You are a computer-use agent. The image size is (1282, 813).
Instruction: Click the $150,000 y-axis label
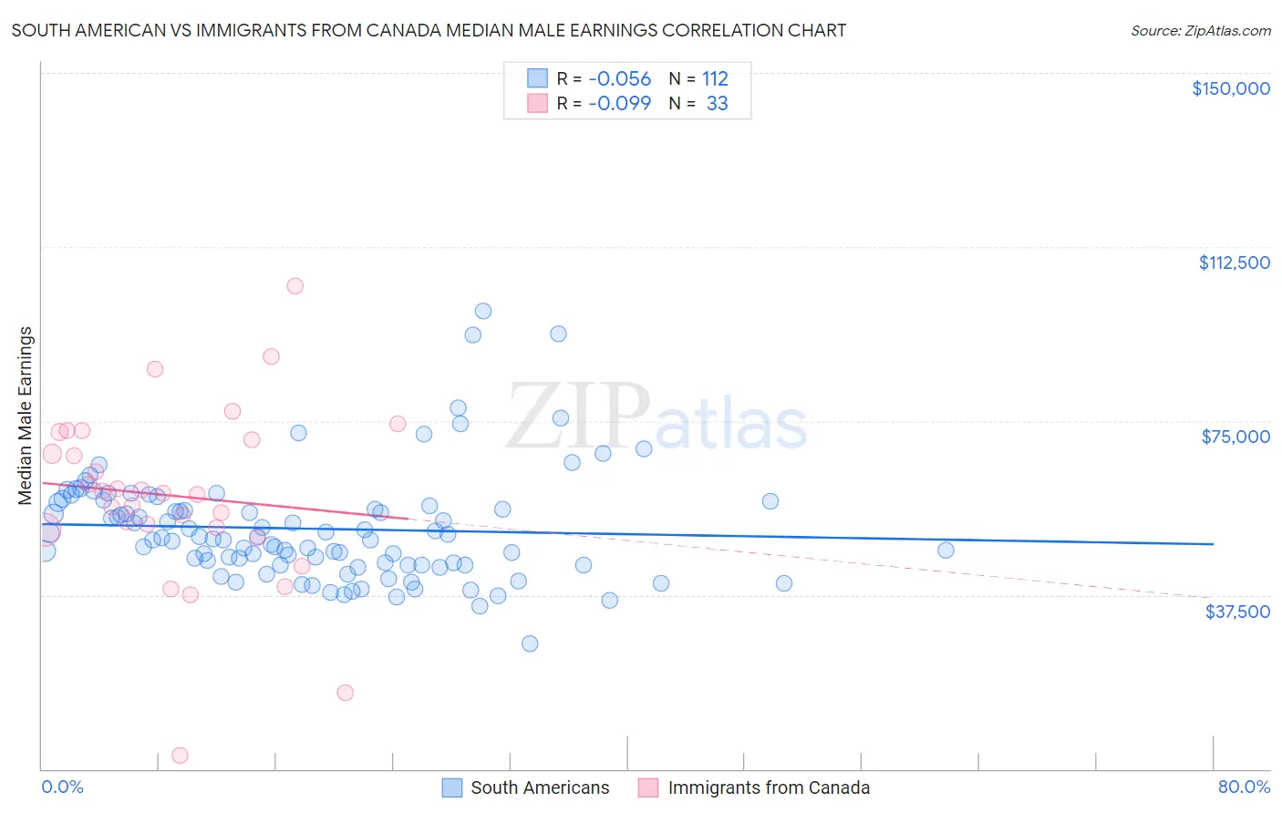click(1230, 88)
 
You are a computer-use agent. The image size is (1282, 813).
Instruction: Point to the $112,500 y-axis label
click(1234, 262)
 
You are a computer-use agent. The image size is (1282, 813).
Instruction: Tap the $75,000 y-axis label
click(1235, 437)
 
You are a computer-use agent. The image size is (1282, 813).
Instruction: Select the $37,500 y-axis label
click(1237, 612)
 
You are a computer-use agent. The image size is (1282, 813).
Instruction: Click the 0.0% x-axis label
click(62, 787)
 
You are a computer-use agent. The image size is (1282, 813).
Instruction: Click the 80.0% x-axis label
click(1244, 787)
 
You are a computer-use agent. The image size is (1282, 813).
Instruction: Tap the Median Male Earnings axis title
click(26, 416)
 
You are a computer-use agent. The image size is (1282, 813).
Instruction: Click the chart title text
click(429, 30)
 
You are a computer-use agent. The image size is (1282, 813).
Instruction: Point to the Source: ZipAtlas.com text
click(1200, 30)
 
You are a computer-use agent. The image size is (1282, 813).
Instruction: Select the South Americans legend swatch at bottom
click(452, 787)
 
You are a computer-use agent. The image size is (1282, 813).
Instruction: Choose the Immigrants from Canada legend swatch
click(648, 787)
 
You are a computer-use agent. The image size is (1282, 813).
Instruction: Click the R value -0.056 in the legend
click(619, 78)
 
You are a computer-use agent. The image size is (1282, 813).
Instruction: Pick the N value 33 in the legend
click(717, 103)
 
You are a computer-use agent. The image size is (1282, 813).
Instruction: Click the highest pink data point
click(295, 286)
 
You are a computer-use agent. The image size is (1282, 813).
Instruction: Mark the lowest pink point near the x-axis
click(180, 756)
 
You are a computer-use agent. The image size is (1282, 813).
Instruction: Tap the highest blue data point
click(483, 311)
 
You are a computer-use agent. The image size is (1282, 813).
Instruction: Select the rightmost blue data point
click(946, 550)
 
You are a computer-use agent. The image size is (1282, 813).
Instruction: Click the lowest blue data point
click(530, 643)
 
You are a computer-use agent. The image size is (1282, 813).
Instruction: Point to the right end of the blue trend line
click(1213, 543)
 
